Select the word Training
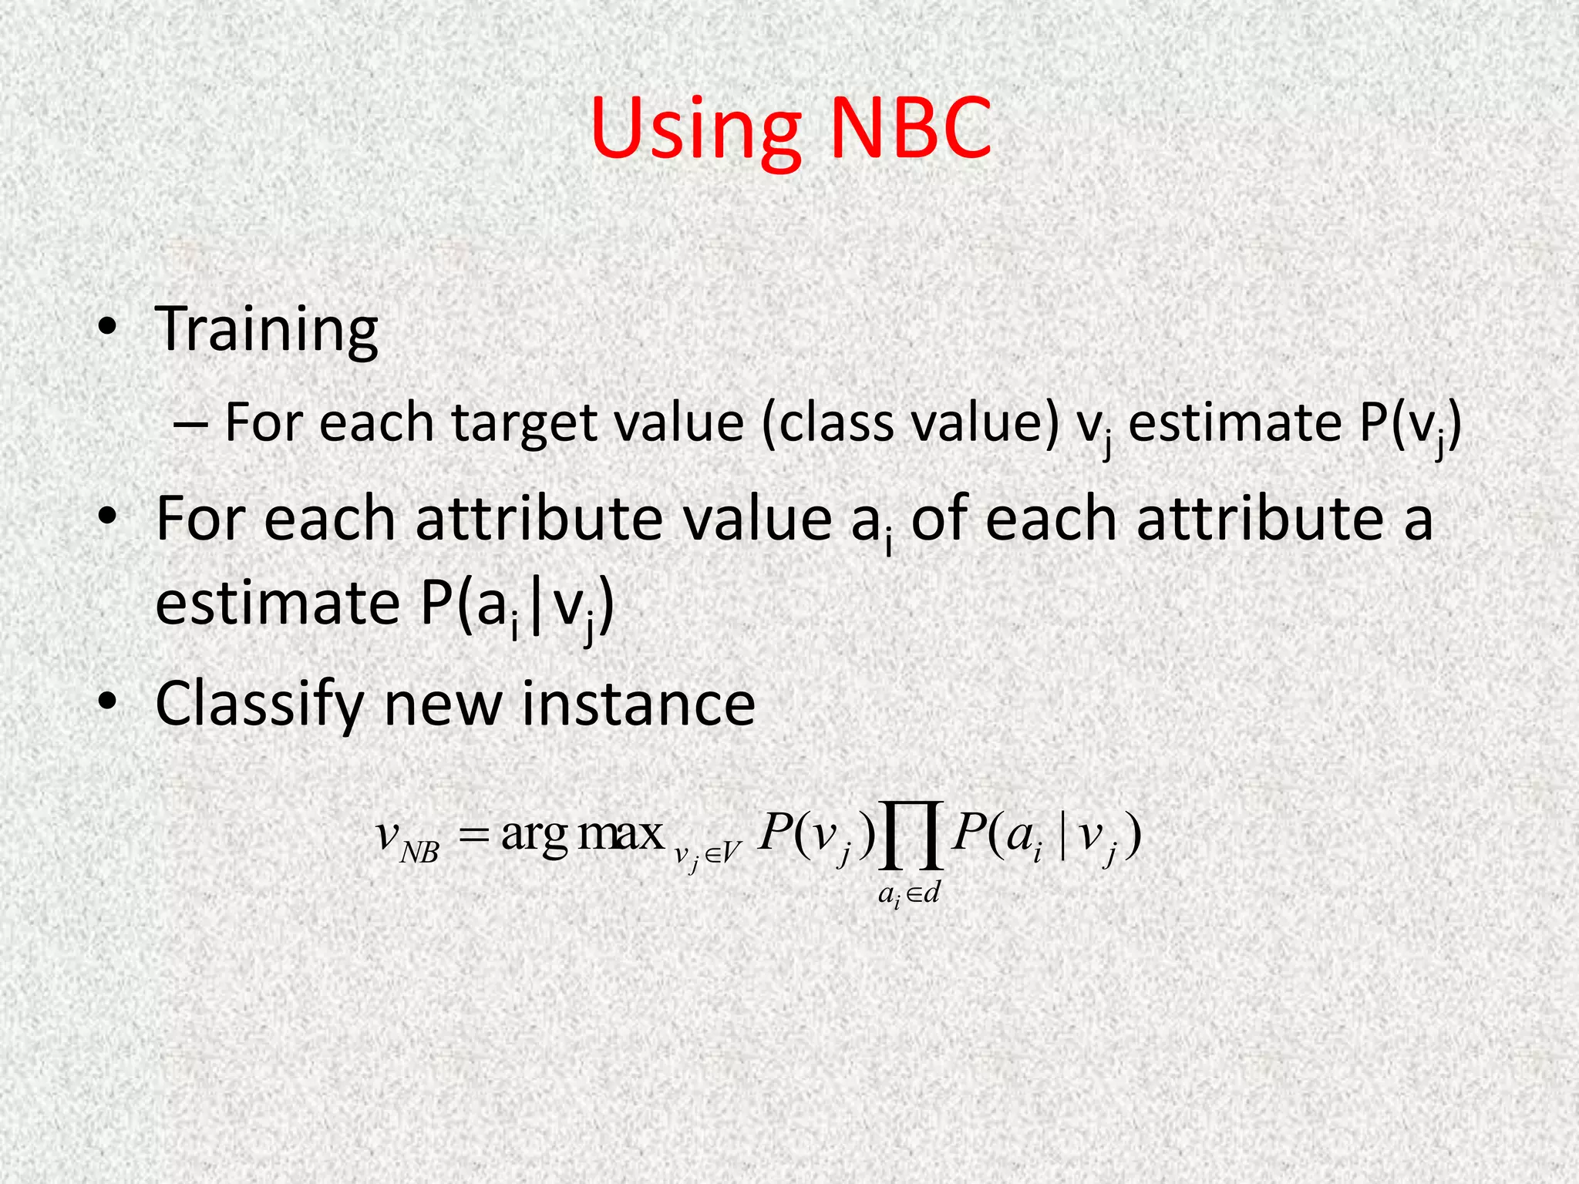tap(267, 329)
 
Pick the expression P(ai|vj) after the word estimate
tap(517, 606)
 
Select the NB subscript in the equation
tap(420, 853)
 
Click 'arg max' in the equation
tap(582, 834)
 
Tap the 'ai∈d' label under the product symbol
tap(910, 894)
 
